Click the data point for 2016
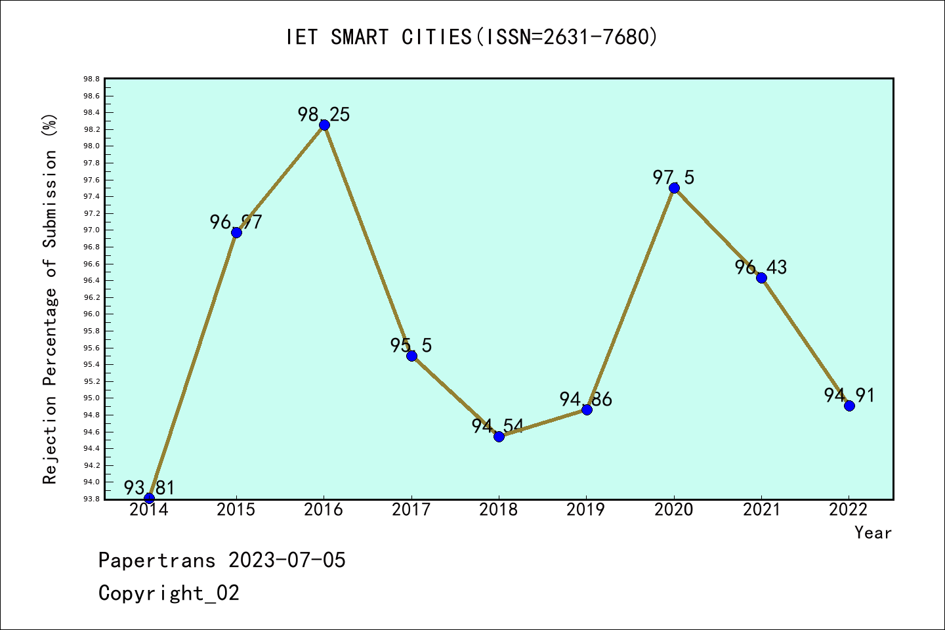click(x=324, y=125)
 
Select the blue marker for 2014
click(x=149, y=498)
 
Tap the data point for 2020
click(x=674, y=188)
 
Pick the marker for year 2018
click(x=499, y=436)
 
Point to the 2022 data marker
click(x=849, y=406)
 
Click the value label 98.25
click(x=324, y=115)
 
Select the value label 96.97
click(x=236, y=222)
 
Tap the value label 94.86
click(x=585, y=399)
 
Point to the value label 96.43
click(x=761, y=267)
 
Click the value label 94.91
click(x=849, y=395)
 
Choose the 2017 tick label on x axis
click(x=411, y=510)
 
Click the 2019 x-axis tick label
click(x=586, y=510)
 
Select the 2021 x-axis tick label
click(x=761, y=510)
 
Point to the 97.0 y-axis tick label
click(x=91, y=230)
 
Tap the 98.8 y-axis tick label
click(x=91, y=79)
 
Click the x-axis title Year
click(x=873, y=533)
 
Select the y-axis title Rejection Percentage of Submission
click(x=51, y=299)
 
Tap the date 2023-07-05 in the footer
click(x=287, y=560)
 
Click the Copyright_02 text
click(x=169, y=593)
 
